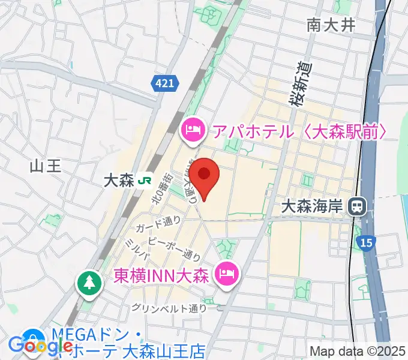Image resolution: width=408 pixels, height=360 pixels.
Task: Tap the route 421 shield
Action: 164,85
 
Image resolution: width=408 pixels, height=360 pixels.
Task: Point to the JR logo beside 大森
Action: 144,181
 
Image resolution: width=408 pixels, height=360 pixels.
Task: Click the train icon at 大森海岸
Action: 357,207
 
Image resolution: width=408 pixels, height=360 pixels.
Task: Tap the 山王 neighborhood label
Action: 46,166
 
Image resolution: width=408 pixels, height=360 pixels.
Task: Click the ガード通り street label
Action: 158,224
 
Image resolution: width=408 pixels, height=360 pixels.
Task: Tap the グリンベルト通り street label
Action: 170,308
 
